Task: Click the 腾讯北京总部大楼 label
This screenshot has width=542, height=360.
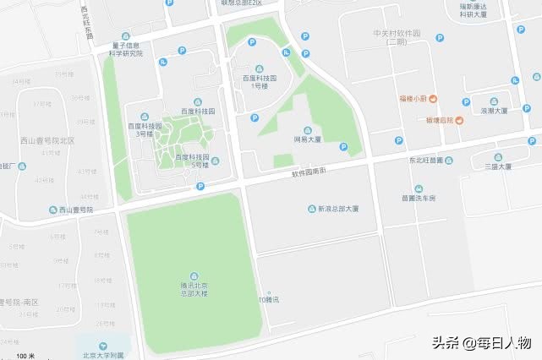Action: (x=195, y=290)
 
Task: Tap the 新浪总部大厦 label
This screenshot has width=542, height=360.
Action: (x=338, y=209)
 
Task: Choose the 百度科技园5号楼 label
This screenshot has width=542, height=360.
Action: (x=190, y=161)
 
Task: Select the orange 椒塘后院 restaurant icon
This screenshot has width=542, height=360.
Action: (x=459, y=120)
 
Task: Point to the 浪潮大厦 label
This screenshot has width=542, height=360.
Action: (x=494, y=111)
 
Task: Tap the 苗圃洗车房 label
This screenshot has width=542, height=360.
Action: (x=419, y=199)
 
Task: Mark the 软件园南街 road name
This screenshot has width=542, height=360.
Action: (x=309, y=173)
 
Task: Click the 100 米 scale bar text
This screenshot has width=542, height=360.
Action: (x=25, y=355)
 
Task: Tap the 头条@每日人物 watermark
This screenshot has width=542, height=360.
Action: (x=481, y=343)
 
